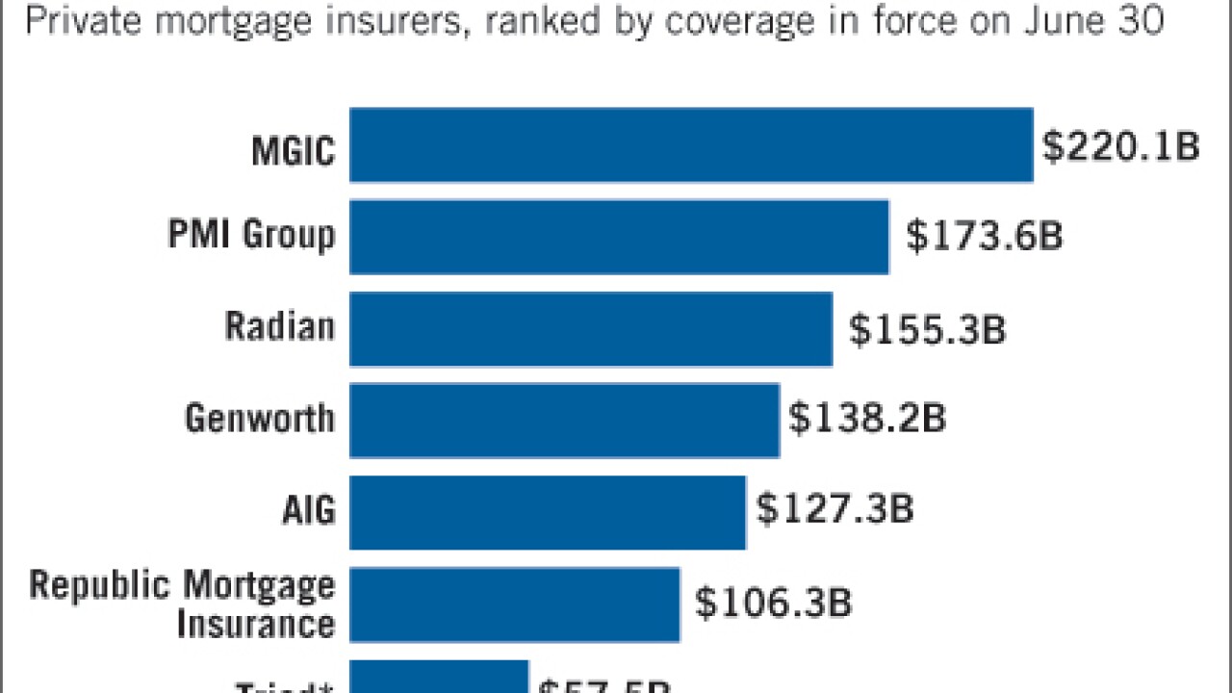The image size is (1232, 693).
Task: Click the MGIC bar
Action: pos(691,144)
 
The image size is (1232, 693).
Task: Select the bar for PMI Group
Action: pos(619,237)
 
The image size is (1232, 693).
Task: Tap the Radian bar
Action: pos(591,329)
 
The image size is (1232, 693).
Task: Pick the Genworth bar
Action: pos(564,421)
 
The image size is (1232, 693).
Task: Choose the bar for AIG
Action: pos(548,512)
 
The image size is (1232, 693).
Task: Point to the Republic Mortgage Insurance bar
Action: pos(514,604)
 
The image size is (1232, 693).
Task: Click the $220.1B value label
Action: pos(1121,147)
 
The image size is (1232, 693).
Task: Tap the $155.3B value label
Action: pos(927,329)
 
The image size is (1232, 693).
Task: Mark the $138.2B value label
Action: pos(867,420)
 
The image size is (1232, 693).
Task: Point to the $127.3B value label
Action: pos(834,509)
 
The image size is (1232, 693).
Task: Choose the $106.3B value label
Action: pos(774,603)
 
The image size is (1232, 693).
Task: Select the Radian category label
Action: pos(280,326)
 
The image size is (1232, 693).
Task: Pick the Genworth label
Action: pos(260,418)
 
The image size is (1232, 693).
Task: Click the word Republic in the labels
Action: pos(100,585)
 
